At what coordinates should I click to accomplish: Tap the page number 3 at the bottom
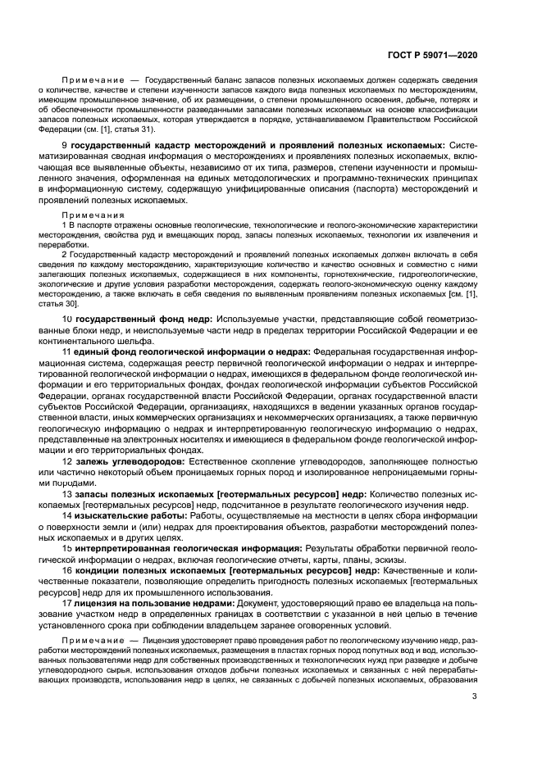[475, 698]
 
